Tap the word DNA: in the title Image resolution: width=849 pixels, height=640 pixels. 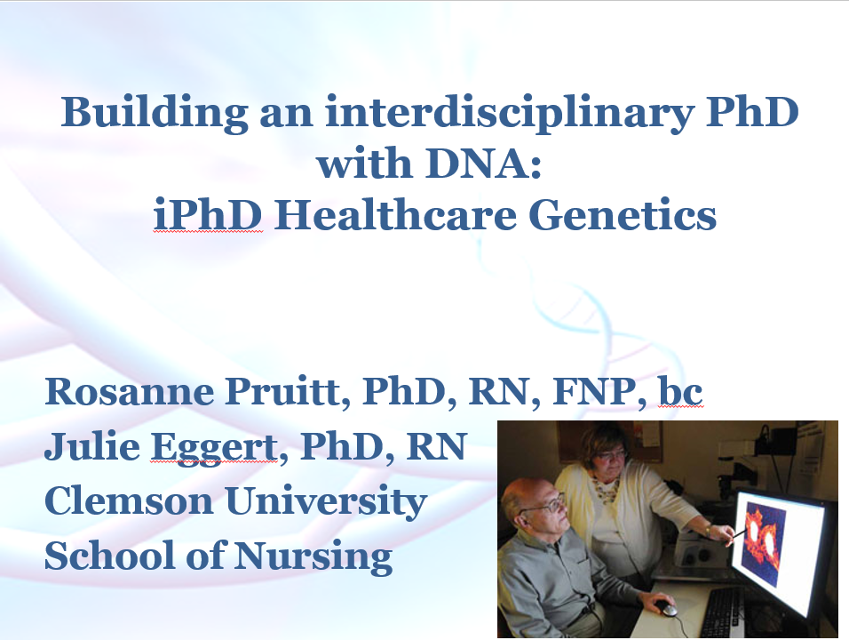click(x=483, y=163)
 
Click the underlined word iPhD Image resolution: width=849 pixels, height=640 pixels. click(x=208, y=214)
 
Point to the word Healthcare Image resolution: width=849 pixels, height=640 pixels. click(x=395, y=214)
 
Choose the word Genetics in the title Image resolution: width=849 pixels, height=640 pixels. click(x=623, y=214)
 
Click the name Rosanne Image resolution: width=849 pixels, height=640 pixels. click(x=130, y=391)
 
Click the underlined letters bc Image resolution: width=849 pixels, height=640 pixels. click(x=680, y=390)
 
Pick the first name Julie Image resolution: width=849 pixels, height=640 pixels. click(x=92, y=445)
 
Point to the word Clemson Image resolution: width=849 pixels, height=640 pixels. click(x=129, y=500)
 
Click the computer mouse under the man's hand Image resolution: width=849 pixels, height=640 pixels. click(x=666, y=609)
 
